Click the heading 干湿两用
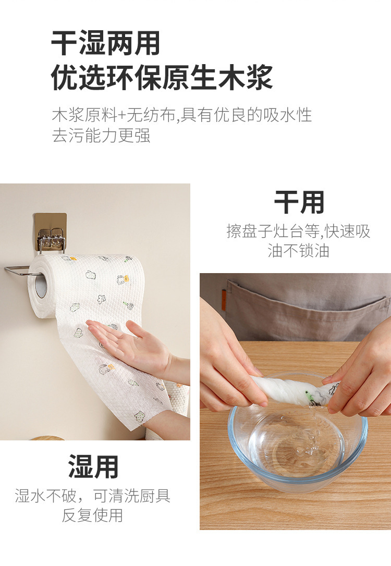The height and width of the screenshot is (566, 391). [x=105, y=43]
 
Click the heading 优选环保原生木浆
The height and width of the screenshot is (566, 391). [x=162, y=77]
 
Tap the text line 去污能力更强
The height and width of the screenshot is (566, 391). [x=101, y=136]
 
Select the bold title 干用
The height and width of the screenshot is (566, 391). [x=299, y=202]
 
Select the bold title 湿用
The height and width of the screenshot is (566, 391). [x=93, y=467]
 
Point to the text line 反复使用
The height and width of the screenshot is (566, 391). [x=92, y=515]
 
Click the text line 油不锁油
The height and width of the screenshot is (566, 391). [x=298, y=251]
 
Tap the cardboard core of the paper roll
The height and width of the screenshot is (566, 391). [x=41, y=285]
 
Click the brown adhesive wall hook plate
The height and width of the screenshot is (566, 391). [x=51, y=231]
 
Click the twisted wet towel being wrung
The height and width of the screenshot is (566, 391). [x=296, y=391]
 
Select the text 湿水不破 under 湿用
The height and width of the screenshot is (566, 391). [x=45, y=496]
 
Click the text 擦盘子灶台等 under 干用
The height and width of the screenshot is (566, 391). [x=273, y=231]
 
